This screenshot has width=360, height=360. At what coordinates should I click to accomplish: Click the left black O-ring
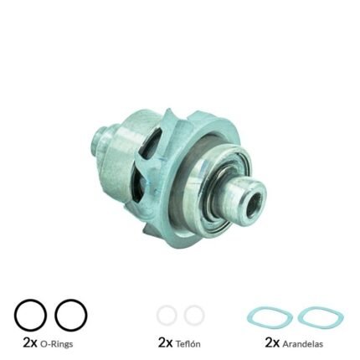[16, 316]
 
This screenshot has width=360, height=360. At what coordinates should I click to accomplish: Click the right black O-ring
[56, 316]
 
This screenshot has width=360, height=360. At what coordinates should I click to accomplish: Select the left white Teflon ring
[158, 315]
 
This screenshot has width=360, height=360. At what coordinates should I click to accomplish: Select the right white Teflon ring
[185, 315]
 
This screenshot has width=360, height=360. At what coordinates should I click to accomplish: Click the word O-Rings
[56, 344]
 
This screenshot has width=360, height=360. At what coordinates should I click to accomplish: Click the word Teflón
[188, 344]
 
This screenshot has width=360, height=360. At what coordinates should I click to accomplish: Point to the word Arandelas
[303, 344]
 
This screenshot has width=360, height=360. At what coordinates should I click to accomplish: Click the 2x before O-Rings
[30, 343]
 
